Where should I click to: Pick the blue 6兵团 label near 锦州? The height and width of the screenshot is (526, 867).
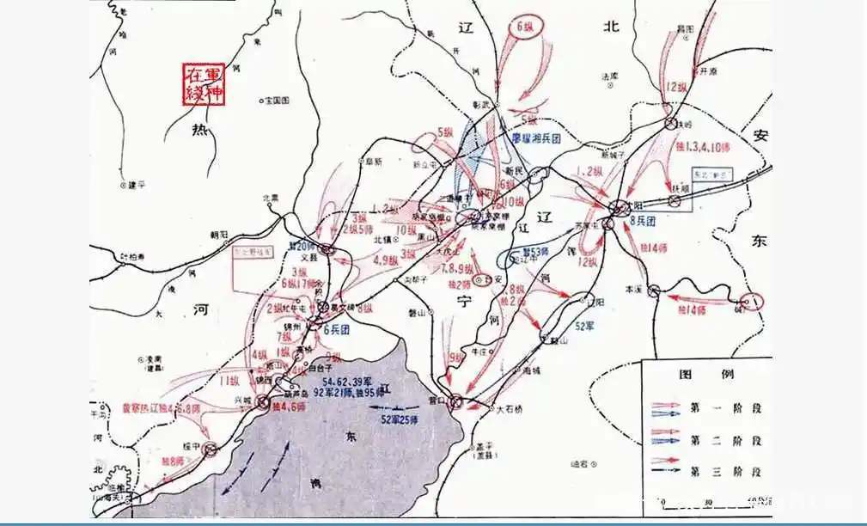tap(337, 329)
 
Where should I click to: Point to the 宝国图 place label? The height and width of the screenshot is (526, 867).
tap(279, 101)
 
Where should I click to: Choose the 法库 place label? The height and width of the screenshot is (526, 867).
tap(609, 76)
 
